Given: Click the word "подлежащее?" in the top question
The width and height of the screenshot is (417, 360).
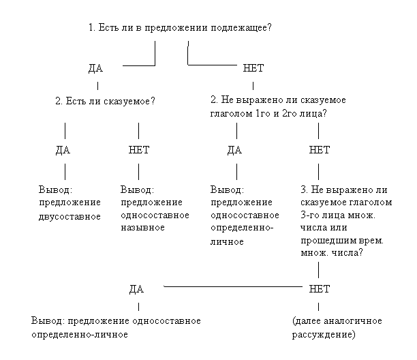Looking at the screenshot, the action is pos(241,28).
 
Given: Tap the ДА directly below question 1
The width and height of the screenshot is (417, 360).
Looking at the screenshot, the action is pos(96,68).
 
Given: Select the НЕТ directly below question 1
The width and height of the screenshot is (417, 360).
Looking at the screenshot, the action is pos(253,68).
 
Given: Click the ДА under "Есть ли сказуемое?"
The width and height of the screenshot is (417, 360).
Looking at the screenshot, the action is pos(63,150).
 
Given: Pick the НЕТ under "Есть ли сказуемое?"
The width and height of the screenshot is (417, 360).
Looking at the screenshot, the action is pos(139,150).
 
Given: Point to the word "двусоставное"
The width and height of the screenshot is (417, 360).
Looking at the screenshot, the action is pos(69,217).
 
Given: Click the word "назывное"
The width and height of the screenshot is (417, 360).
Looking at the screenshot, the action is pos(143,228).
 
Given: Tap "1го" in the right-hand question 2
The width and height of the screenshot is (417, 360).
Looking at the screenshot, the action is pos(263,114).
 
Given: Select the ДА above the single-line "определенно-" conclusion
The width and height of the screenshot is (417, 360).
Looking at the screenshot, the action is pos(234,150).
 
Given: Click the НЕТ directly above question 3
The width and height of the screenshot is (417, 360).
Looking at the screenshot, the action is pos(319,150).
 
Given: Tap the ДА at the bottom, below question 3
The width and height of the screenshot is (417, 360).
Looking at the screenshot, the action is pos(136,289).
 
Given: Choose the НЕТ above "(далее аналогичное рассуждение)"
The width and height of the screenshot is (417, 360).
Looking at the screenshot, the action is pos(319,289).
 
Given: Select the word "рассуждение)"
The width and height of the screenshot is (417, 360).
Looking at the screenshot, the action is pos(324,335).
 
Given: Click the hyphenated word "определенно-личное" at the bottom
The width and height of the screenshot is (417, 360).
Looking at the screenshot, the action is pos(80,335).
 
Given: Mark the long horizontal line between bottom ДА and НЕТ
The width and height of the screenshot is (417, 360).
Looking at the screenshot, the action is pos(233,286).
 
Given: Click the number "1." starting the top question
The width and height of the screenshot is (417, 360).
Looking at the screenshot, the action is pos(92,27).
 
